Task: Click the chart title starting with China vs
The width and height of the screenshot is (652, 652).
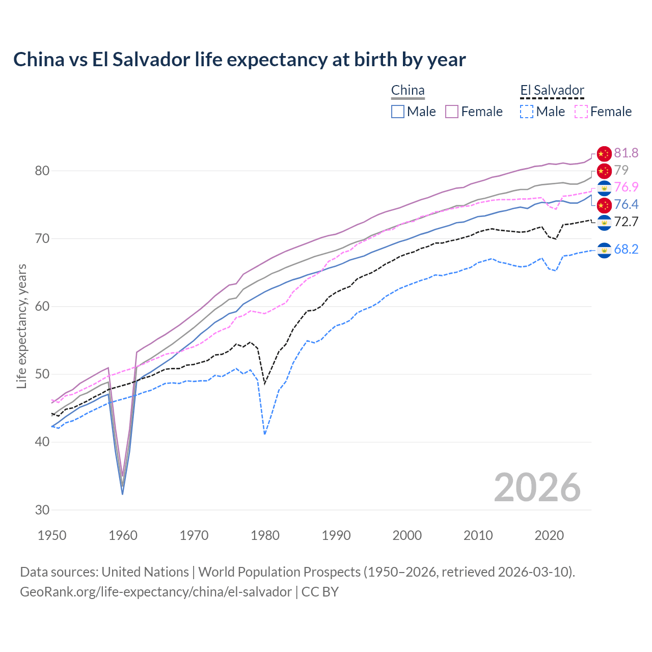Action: pyautogui.click(x=239, y=60)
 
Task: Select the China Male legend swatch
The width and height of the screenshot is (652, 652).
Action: pyautogui.click(x=398, y=112)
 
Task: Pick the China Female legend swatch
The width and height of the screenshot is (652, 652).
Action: pyautogui.click(x=452, y=112)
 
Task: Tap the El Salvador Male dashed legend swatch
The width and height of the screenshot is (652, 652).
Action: pyautogui.click(x=527, y=112)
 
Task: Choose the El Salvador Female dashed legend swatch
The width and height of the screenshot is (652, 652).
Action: pyautogui.click(x=581, y=112)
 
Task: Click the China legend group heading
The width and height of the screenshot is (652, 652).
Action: pyautogui.click(x=407, y=91)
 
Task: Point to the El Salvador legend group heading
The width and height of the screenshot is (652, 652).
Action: pyautogui.click(x=552, y=91)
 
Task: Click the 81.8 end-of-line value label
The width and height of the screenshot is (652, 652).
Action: pyautogui.click(x=626, y=153)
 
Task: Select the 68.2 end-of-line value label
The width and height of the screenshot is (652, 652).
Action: pyautogui.click(x=626, y=249)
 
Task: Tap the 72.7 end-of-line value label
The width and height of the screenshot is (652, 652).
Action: pyautogui.click(x=626, y=222)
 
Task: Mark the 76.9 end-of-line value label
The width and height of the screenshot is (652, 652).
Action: pyautogui.click(x=626, y=187)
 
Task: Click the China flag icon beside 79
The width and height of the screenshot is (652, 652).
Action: pyautogui.click(x=604, y=170)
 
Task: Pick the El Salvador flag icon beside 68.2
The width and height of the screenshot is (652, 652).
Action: pyautogui.click(x=604, y=250)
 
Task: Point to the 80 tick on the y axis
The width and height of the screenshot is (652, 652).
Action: pyautogui.click(x=42, y=171)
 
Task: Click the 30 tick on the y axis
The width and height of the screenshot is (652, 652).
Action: pyautogui.click(x=42, y=510)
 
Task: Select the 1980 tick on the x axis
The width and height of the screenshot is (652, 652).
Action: pyautogui.click(x=265, y=535)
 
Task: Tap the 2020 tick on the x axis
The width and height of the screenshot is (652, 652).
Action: pyautogui.click(x=549, y=535)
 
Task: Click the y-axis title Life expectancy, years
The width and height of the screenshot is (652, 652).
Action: pyautogui.click(x=22, y=326)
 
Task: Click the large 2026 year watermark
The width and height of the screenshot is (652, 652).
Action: pyautogui.click(x=537, y=487)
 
